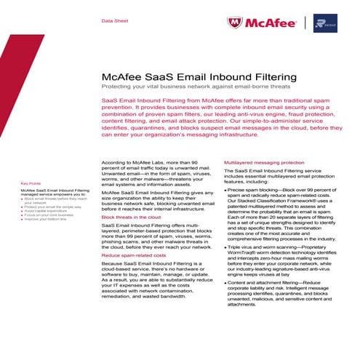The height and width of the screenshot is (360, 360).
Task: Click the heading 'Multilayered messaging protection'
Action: point(264,162)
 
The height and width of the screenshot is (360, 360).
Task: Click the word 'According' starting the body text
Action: point(113,163)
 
